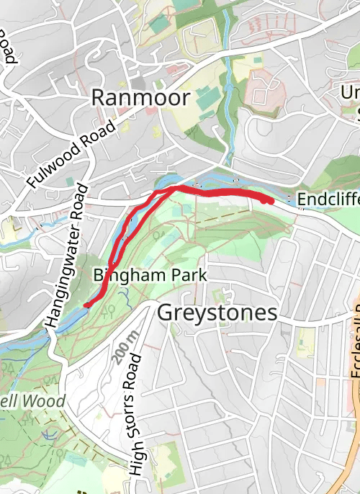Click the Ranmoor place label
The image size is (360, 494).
140,97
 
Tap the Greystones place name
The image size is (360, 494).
217,313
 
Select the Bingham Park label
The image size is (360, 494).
150,275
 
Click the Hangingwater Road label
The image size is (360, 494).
66,256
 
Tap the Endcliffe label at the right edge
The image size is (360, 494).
328,199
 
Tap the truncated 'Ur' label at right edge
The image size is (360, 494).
351,92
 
